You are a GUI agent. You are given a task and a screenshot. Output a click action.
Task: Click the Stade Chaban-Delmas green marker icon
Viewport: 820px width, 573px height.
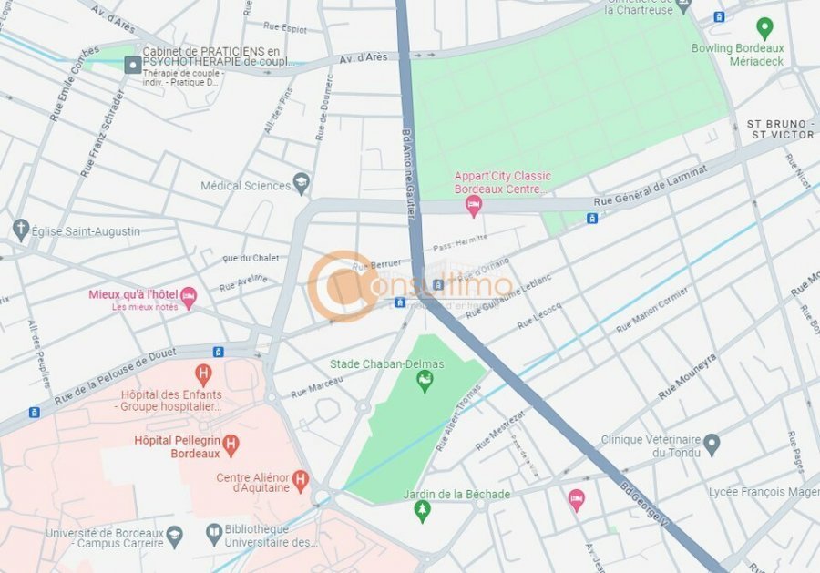[x=424, y=381]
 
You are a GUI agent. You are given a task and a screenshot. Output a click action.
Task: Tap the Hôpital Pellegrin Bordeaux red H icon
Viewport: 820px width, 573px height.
[x=231, y=445]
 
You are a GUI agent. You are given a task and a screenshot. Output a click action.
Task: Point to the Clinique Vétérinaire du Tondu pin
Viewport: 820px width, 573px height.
[x=712, y=445]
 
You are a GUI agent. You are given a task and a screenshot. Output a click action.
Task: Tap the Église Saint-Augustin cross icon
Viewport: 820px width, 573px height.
[x=21, y=230]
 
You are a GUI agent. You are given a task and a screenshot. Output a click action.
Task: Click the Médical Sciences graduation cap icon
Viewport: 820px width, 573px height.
[x=301, y=184]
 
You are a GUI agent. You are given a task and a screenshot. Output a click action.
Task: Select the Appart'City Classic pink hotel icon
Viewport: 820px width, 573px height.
[x=473, y=207]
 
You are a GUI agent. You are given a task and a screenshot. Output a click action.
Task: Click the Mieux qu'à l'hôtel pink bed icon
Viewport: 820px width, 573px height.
[x=189, y=297]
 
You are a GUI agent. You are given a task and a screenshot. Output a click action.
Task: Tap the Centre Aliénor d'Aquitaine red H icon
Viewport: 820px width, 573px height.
[x=301, y=479]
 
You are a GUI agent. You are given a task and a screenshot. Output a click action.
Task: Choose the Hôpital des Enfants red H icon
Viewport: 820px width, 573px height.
[x=203, y=373]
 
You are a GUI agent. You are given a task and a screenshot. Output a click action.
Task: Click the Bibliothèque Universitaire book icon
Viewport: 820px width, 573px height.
[x=214, y=532]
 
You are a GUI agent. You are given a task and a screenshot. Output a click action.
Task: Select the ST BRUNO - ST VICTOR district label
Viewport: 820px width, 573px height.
[x=780, y=128]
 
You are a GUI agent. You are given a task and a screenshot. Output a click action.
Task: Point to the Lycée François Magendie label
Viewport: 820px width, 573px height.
[x=764, y=492]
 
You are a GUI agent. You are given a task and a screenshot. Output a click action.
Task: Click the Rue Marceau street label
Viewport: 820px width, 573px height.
[x=317, y=388]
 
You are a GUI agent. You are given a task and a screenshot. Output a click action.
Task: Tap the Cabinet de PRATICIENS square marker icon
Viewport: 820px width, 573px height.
[x=133, y=65]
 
